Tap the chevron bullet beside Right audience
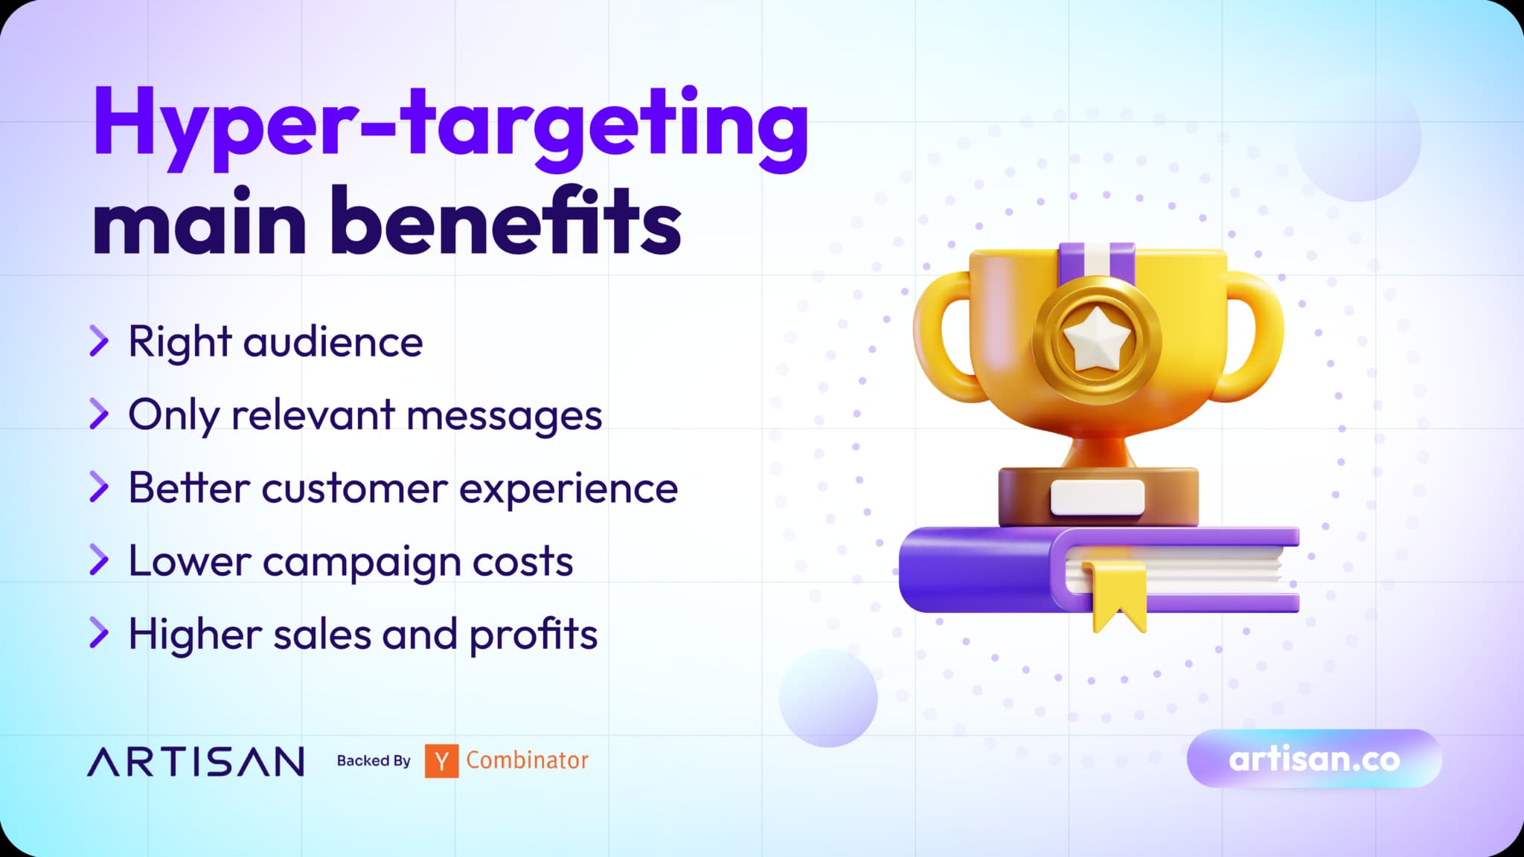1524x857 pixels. pyautogui.click(x=99, y=341)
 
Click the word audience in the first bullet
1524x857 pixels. pyautogui.click(x=333, y=341)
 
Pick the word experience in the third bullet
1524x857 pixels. pyautogui.click(x=569, y=489)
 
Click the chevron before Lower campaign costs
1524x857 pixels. pyautogui.click(x=99, y=559)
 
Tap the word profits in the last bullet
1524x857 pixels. pyautogui.click(x=534, y=634)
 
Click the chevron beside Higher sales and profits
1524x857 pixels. pyautogui.click(x=99, y=632)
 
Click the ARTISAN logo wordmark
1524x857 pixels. pyautogui.click(x=196, y=762)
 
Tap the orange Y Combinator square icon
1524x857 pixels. pyautogui.click(x=441, y=761)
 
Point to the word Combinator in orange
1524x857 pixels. pyautogui.click(x=527, y=760)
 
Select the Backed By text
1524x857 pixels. pyautogui.click(x=374, y=761)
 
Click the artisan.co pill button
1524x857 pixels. pyautogui.click(x=1314, y=759)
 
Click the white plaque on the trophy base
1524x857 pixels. pyautogui.click(x=1097, y=497)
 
